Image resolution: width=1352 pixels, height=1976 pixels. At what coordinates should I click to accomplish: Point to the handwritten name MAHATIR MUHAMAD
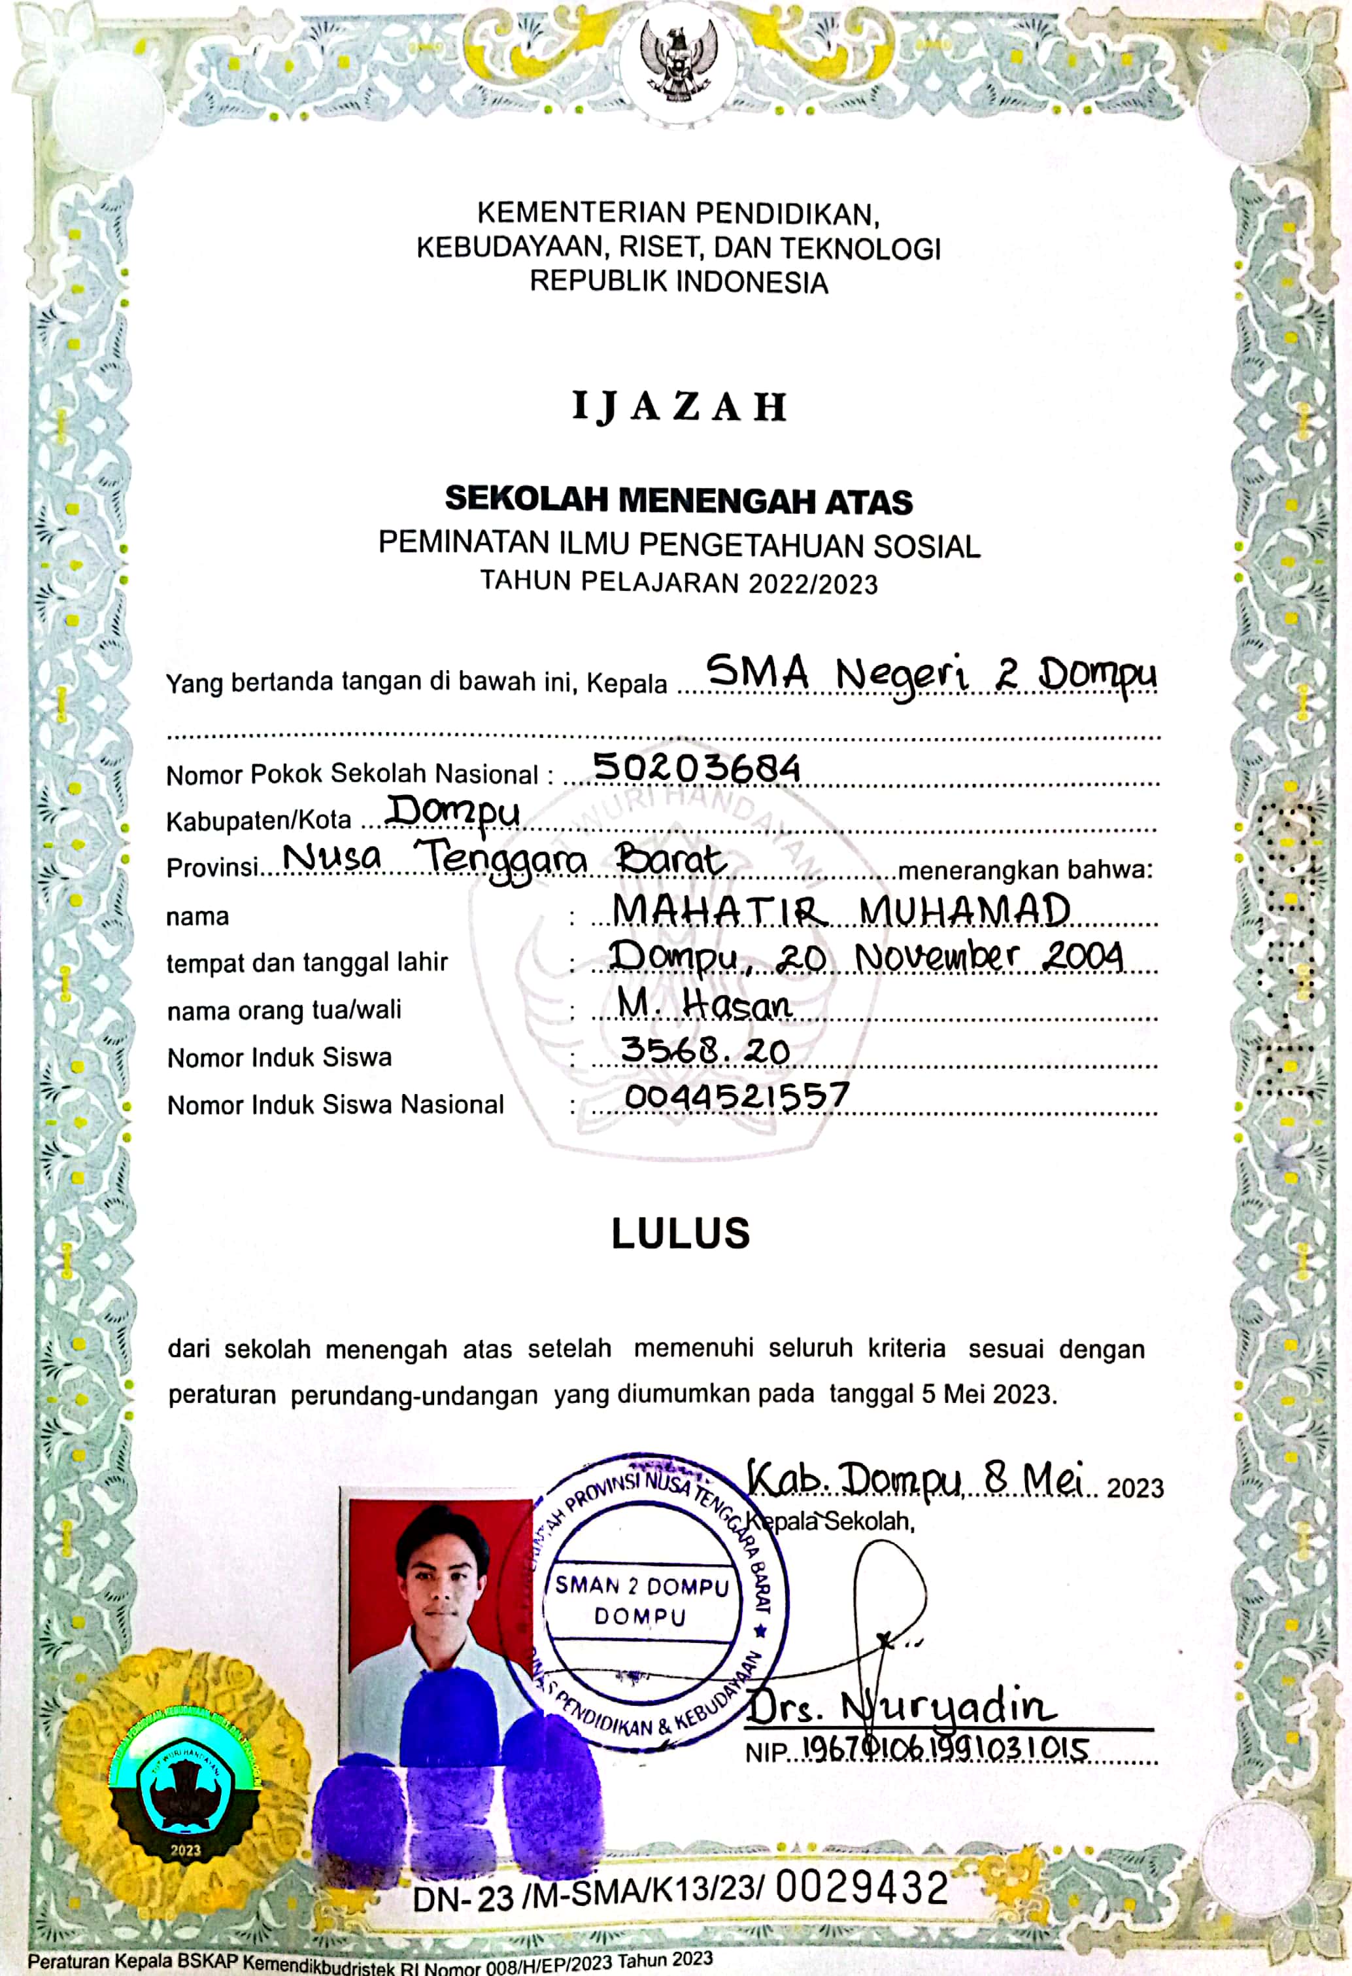(x=841, y=911)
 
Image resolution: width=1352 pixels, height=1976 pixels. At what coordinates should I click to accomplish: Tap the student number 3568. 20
(x=705, y=1051)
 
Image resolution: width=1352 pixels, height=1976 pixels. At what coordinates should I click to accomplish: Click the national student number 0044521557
(x=737, y=1096)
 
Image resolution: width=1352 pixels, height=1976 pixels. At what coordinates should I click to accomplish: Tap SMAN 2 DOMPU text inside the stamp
(x=641, y=1587)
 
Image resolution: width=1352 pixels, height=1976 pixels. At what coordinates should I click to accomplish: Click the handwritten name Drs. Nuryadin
(x=901, y=1704)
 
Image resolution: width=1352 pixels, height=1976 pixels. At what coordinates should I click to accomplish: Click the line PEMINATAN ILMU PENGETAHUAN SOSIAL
(x=679, y=544)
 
